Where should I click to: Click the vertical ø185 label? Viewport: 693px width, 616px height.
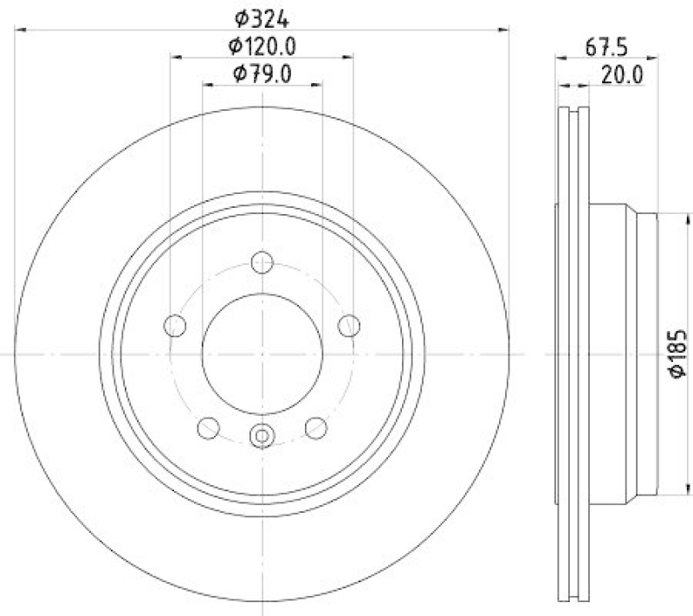tap(677, 353)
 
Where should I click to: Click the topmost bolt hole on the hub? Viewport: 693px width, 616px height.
tap(262, 261)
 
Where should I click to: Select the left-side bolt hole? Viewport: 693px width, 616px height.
tap(175, 325)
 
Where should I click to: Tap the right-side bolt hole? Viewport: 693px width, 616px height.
tap(348, 325)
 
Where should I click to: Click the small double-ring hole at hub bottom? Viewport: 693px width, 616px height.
tap(262, 437)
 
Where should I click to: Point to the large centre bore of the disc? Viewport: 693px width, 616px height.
tap(262, 353)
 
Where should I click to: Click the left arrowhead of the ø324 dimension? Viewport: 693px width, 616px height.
tap(21, 29)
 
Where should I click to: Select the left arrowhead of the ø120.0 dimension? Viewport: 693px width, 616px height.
tap(174, 57)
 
